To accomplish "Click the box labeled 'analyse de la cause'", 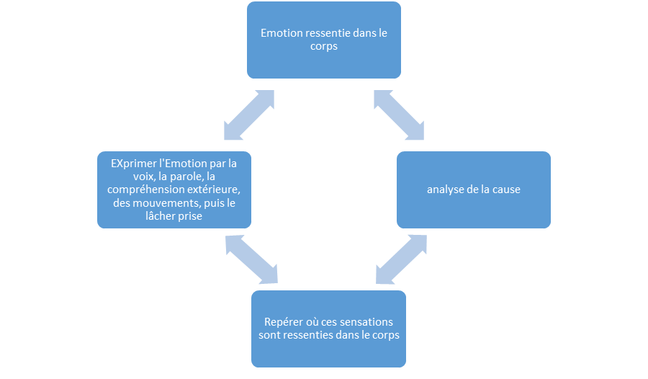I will tap(474, 189).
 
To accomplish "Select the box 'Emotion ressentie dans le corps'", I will tap(323, 40).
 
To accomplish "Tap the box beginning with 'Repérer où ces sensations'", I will tap(328, 328).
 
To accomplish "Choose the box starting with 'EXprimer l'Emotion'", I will tap(174, 189).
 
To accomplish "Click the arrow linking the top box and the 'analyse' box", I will tap(399, 115).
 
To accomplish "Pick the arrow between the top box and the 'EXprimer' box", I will tap(249, 115).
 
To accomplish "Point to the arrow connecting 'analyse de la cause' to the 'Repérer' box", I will tap(401, 259).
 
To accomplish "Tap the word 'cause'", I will tap(505, 189).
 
